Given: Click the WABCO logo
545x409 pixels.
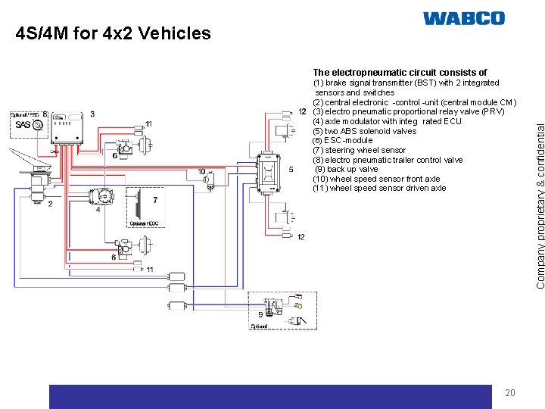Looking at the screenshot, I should click(463, 18).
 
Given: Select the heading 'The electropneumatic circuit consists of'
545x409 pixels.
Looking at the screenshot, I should click(400, 73).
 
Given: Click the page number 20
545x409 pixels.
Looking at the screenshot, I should click(509, 392).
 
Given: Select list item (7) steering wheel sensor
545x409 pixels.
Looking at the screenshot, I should click(359, 150).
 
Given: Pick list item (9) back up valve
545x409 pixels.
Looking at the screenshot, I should click(347, 169).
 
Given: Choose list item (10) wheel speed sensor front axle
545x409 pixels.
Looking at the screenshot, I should click(376, 179).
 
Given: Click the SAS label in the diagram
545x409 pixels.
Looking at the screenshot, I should click(23, 125).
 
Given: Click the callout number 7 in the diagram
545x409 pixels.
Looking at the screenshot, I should click(154, 200).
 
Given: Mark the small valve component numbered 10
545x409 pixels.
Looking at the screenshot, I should click(210, 180).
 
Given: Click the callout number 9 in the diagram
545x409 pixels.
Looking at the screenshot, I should click(260, 314).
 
